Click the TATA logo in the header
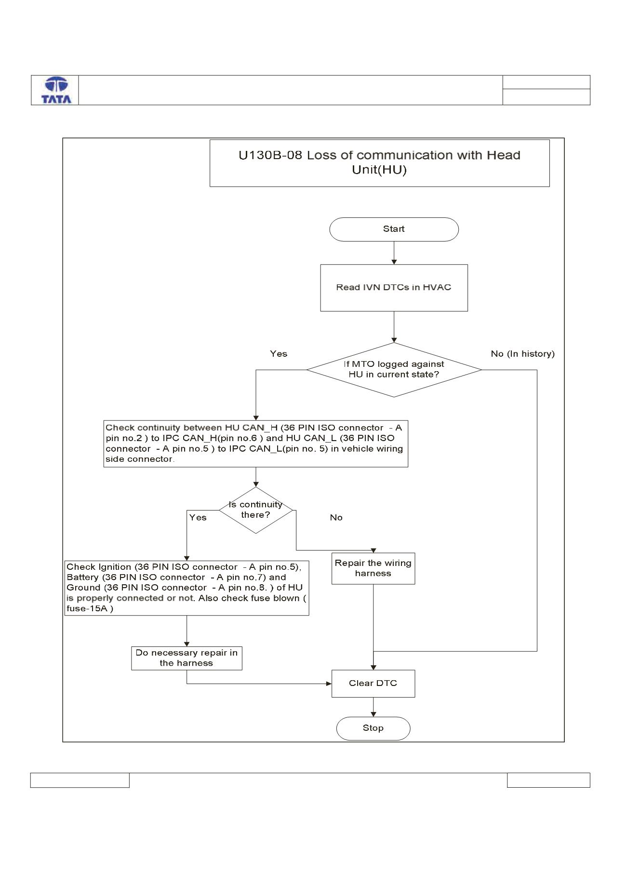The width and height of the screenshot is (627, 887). tap(56, 90)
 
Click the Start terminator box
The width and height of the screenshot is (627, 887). tap(394, 229)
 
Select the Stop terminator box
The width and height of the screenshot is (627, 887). tap(373, 728)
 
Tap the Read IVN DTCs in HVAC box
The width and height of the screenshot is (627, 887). tap(394, 287)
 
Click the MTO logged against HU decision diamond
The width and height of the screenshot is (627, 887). tap(394, 370)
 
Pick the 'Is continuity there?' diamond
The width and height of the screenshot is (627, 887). tap(255, 510)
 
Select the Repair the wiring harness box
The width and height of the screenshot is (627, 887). tap(373, 568)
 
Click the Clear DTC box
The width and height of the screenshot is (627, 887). tap(373, 683)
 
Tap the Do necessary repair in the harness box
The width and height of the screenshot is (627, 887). tap(187, 658)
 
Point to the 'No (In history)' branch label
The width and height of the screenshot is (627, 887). tap(522, 354)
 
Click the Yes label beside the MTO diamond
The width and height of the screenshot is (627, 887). tap(279, 354)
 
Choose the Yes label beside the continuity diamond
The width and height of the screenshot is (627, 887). tap(198, 517)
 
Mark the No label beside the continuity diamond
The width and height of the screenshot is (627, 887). tap(336, 517)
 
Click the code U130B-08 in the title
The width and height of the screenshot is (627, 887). tap(271, 155)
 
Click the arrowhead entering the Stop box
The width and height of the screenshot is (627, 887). tap(373, 714)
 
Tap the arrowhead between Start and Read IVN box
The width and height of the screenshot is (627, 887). tap(394, 262)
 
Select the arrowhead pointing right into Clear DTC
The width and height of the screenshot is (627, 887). tap(329, 684)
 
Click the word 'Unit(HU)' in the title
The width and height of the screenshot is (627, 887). tap(379, 170)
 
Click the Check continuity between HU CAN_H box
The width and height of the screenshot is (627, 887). tap(255, 443)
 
